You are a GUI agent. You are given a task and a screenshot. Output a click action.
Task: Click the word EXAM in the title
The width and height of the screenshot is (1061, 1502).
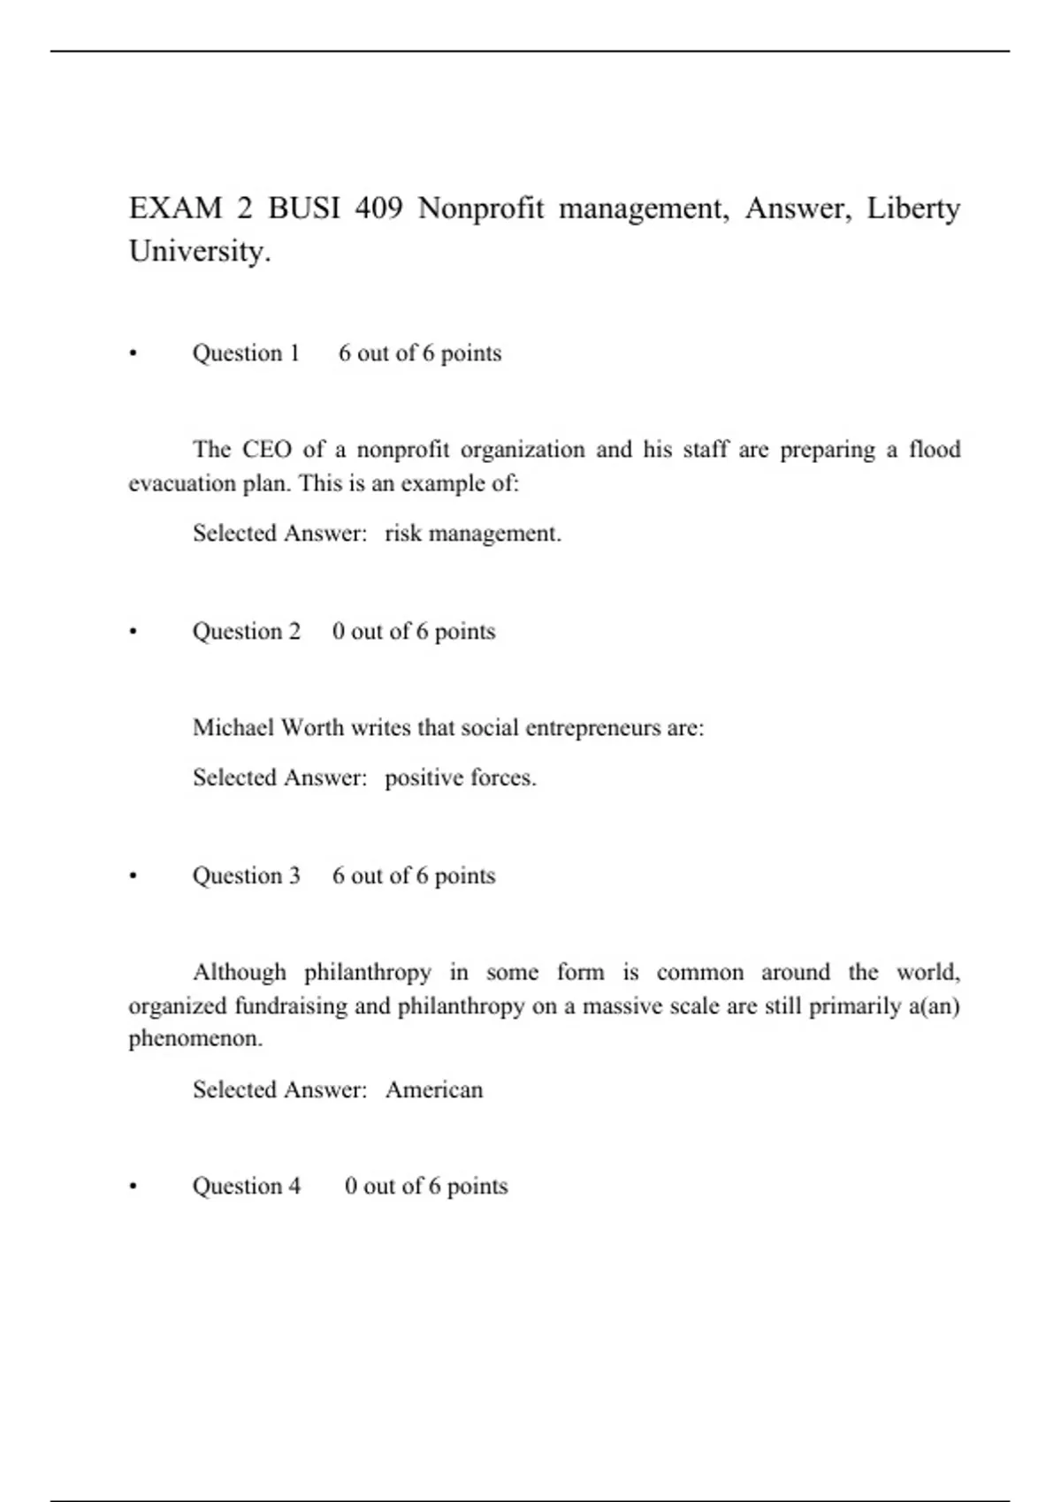click(175, 209)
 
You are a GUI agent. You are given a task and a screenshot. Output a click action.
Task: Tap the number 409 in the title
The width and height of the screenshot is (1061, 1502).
click(378, 209)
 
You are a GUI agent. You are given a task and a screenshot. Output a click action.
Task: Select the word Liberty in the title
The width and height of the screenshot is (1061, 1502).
click(912, 209)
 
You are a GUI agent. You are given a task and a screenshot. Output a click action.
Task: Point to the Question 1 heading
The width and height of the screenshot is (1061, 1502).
click(246, 353)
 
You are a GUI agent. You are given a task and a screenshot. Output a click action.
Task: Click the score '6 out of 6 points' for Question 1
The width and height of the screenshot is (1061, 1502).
click(419, 353)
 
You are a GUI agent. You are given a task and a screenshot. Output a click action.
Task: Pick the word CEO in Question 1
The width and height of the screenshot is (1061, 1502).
click(266, 450)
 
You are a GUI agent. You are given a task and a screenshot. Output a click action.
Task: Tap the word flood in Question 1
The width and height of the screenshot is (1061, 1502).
click(935, 450)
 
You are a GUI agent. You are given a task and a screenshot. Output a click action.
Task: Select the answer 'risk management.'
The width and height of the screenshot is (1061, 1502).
click(472, 534)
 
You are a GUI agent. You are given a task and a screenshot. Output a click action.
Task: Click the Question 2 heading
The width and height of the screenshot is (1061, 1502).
click(246, 632)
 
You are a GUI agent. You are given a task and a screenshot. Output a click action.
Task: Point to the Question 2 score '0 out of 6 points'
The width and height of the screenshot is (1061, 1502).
click(413, 632)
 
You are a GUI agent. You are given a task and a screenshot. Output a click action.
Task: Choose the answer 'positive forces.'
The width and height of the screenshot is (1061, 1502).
click(460, 778)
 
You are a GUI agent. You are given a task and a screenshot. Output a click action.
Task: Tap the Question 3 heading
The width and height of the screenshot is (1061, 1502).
click(246, 876)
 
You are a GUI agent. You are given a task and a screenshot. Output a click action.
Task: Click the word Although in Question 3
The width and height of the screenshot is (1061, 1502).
click(240, 973)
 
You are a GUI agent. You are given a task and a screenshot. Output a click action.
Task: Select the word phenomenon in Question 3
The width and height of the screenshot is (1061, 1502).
click(195, 1038)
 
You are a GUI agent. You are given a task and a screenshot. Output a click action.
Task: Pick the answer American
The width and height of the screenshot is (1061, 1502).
click(434, 1090)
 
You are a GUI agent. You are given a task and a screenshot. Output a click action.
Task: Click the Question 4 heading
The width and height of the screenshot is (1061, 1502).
click(246, 1186)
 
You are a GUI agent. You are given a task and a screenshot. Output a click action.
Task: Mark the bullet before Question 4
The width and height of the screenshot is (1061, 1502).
click(134, 1187)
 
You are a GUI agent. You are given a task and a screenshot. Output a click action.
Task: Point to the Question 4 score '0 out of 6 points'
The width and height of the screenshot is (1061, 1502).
click(425, 1186)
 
